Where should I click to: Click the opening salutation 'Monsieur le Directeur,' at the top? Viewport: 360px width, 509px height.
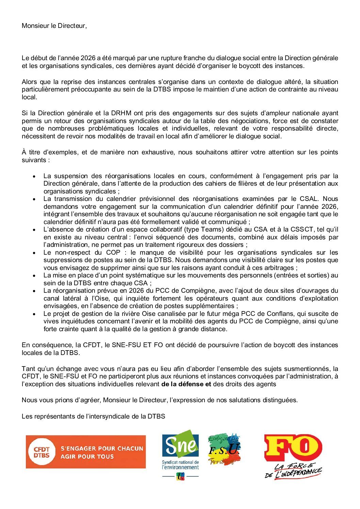tap(54, 26)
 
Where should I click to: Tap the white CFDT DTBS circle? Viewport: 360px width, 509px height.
tap(41, 452)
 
